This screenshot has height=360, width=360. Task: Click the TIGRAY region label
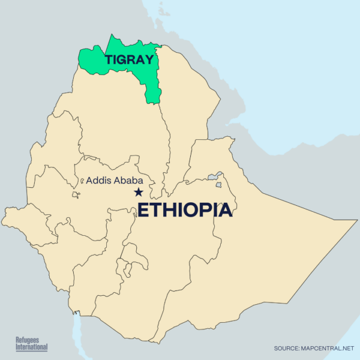129,59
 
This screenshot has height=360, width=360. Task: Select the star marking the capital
139,192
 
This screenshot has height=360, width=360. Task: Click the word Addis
99,179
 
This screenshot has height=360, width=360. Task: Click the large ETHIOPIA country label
185,211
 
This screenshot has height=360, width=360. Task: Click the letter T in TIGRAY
109,59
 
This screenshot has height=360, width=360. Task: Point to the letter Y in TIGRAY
148,59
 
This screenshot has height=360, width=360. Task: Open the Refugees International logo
31,344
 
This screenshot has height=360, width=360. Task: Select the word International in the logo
31,347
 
